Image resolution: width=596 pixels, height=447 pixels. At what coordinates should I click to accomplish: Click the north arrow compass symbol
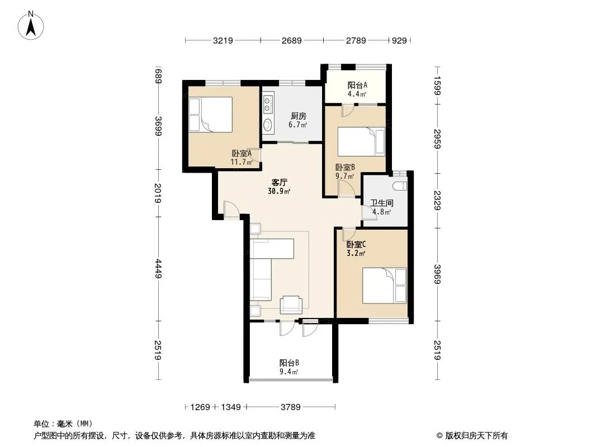[31, 26]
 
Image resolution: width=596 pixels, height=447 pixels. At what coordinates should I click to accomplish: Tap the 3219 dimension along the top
[223, 40]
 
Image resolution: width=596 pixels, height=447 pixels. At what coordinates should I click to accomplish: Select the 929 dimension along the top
[399, 40]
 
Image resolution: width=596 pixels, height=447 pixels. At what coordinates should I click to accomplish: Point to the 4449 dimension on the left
[158, 269]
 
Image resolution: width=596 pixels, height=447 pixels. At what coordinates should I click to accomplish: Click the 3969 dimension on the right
[437, 274]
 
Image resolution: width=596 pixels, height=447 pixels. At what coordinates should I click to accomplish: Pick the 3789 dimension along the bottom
[291, 407]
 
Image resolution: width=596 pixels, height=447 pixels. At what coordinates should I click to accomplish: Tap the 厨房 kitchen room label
[299, 116]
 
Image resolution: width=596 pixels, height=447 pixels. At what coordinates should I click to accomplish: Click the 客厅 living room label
[279, 182]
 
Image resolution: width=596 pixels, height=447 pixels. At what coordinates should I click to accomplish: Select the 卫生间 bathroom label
[382, 203]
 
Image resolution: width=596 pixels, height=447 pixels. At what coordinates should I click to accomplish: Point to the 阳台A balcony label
[357, 85]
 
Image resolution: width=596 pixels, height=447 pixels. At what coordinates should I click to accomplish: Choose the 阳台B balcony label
[289, 363]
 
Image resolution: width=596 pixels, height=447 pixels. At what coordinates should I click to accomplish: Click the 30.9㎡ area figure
[280, 192]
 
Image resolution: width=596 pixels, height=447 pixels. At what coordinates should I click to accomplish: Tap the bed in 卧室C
[384, 286]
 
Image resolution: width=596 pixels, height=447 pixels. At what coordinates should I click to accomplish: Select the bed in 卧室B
[362, 142]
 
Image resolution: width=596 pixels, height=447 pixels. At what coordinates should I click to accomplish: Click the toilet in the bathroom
[400, 186]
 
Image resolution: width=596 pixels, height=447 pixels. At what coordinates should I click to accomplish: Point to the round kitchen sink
[268, 124]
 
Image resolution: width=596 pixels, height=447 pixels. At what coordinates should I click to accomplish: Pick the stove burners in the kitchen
[268, 105]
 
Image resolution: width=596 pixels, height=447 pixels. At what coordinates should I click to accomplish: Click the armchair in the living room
[291, 305]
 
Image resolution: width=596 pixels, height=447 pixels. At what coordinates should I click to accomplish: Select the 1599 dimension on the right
[437, 86]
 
